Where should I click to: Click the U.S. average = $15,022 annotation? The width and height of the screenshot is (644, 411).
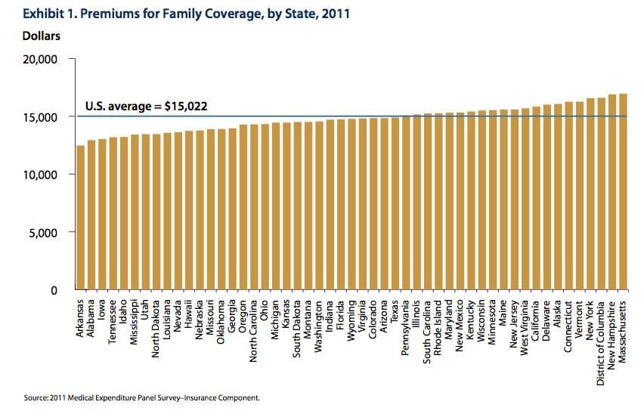pyautogui.click(x=145, y=106)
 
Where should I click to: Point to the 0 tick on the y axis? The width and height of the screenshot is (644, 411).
pyautogui.click(x=54, y=290)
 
